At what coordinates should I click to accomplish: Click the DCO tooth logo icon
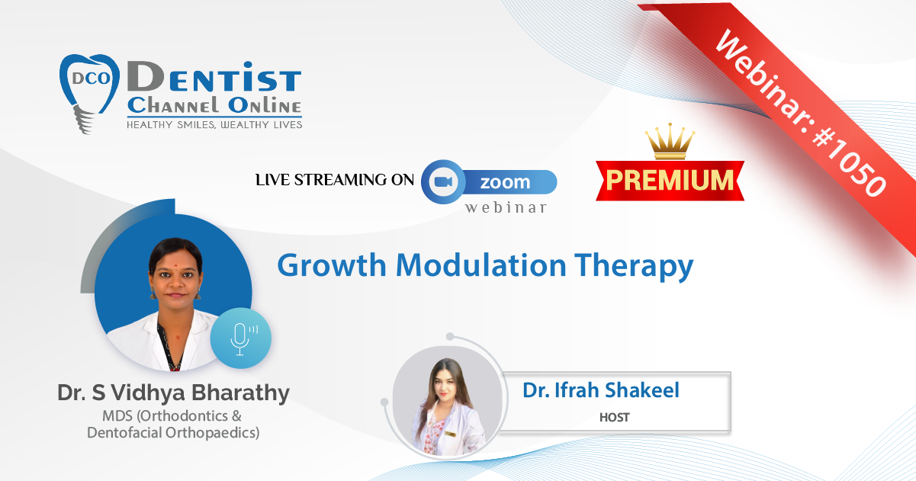[90, 93]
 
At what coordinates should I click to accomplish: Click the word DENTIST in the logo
[214, 76]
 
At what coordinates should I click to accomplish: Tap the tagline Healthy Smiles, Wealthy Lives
[214, 125]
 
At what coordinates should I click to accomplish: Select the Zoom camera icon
[443, 181]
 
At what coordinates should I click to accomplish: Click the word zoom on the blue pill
[505, 182]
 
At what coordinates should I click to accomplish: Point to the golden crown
[670, 141]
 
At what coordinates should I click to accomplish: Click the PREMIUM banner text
[670, 180]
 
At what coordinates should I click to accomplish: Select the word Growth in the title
[332, 265]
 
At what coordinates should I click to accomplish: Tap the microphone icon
[241, 338]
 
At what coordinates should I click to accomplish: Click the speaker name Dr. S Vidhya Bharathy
[173, 393]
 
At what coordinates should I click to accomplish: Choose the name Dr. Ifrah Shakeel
[601, 390]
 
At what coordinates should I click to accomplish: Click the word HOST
[614, 417]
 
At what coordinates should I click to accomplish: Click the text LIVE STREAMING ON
[335, 180]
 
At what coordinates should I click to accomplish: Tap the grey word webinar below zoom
[506, 207]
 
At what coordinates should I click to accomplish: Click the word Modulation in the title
[480, 265]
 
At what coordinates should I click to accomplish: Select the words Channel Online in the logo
[214, 105]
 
